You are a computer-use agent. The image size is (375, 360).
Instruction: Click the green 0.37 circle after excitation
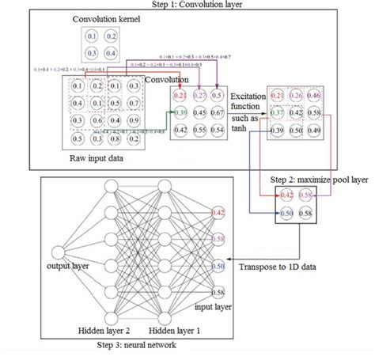pyautogui.click(x=278, y=114)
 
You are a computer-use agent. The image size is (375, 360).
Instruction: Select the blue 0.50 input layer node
pyautogui.click(x=218, y=268)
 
